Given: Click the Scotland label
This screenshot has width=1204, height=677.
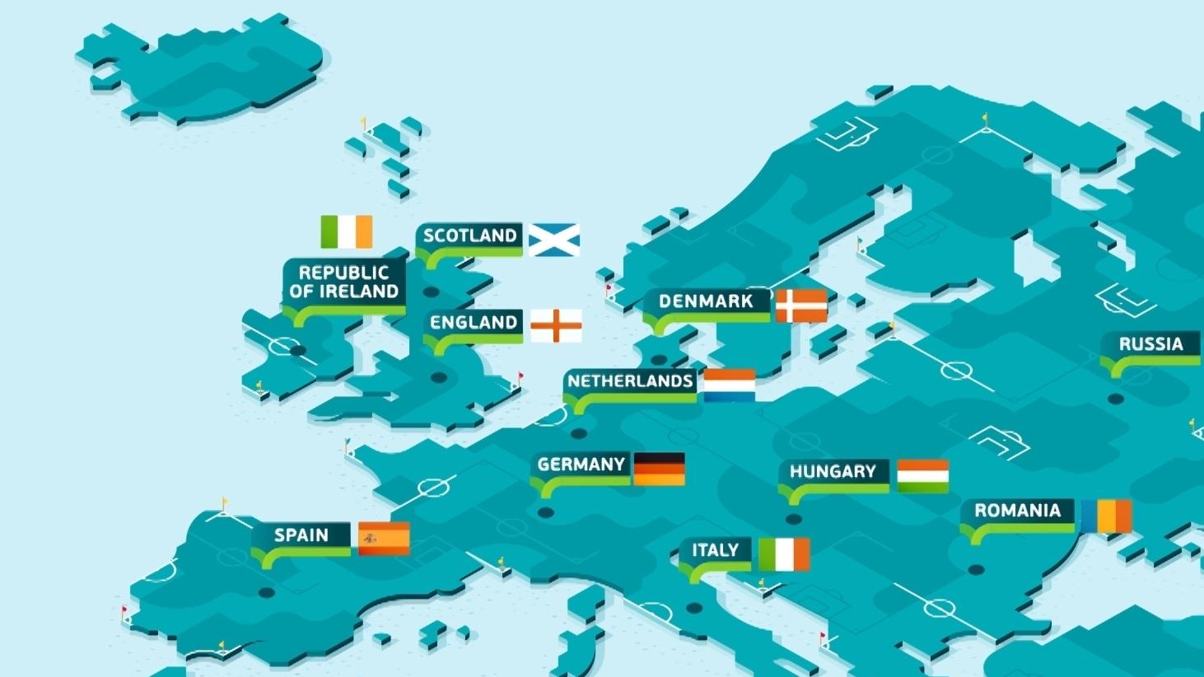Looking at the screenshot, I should (x=469, y=236).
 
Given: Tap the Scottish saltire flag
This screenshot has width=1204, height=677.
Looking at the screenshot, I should (x=553, y=240).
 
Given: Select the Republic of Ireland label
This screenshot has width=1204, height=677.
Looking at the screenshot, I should (x=344, y=282).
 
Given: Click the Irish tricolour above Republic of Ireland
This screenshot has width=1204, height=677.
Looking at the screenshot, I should (x=346, y=231).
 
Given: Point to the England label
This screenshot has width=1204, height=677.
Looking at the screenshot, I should (x=474, y=322).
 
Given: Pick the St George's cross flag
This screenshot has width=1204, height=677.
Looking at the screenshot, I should (x=556, y=325).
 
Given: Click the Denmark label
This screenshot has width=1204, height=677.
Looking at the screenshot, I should (x=706, y=301).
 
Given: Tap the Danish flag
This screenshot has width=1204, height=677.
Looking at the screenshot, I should (x=801, y=306).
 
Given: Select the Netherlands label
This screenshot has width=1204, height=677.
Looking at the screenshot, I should (x=630, y=381).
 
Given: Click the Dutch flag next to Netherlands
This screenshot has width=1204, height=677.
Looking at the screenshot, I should (x=729, y=385).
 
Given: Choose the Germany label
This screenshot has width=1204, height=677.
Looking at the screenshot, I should (x=581, y=465).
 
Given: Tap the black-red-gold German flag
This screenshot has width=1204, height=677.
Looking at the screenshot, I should (x=659, y=469).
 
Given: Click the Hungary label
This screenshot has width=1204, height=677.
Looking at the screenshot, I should (x=833, y=472).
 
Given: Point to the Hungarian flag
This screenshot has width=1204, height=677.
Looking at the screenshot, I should (x=922, y=476).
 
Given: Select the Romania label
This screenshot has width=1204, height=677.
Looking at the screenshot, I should (x=1017, y=511).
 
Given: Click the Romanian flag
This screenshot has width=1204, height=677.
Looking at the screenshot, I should (x=1106, y=516).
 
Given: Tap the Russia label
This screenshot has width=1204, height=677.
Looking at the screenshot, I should (x=1150, y=344).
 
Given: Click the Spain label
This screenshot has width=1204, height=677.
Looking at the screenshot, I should (x=301, y=535).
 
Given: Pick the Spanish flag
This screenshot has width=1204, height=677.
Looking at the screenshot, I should (x=384, y=539).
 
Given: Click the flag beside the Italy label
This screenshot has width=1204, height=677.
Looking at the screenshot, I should (x=784, y=554).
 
